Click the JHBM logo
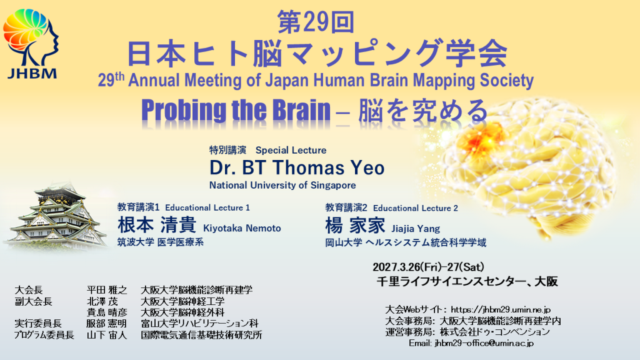(x=31, y=44)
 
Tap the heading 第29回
(x=316, y=22)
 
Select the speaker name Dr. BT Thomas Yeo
(x=297, y=167)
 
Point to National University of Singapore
(x=282, y=185)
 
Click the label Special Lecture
(x=291, y=150)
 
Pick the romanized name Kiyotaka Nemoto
(x=242, y=228)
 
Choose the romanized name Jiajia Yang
(x=416, y=229)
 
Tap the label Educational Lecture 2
(x=415, y=208)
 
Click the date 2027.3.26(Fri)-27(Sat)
(x=428, y=267)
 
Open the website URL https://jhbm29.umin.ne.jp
(x=501, y=310)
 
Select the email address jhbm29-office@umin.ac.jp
(x=484, y=343)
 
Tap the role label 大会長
(x=29, y=290)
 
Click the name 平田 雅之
(x=106, y=290)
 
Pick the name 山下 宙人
(x=106, y=336)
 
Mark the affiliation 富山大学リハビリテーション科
(x=199, y=324)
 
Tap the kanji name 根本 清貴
(x=157, y=225)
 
